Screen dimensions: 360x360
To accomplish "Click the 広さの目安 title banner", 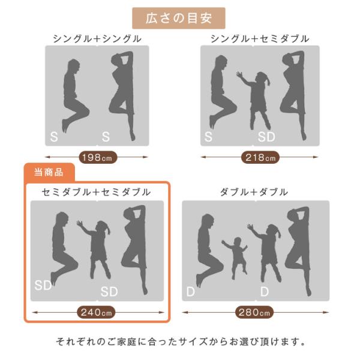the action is click(178, 18).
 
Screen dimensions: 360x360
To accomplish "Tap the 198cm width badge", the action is click(98, 157).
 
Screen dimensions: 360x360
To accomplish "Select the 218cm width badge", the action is click(260, 157).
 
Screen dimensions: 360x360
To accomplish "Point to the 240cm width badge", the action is click(96, 312).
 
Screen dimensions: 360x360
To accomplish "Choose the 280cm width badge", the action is click(254, 312).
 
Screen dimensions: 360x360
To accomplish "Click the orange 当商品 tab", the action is click(49, 172).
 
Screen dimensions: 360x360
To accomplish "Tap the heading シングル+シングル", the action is click(97, 39).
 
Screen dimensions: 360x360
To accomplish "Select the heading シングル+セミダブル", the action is click(260, 39).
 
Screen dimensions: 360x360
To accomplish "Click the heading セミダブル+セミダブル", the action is click(96, 192).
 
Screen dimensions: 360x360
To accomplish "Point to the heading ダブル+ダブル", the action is click(254, 192).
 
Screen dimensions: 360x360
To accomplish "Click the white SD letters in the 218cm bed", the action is click(266, 137).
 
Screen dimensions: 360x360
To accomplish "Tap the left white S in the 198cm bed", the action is click(54, 137).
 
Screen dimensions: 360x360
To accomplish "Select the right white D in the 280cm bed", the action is click(265, 292).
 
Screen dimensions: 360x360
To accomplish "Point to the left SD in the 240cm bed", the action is click(43, 286).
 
